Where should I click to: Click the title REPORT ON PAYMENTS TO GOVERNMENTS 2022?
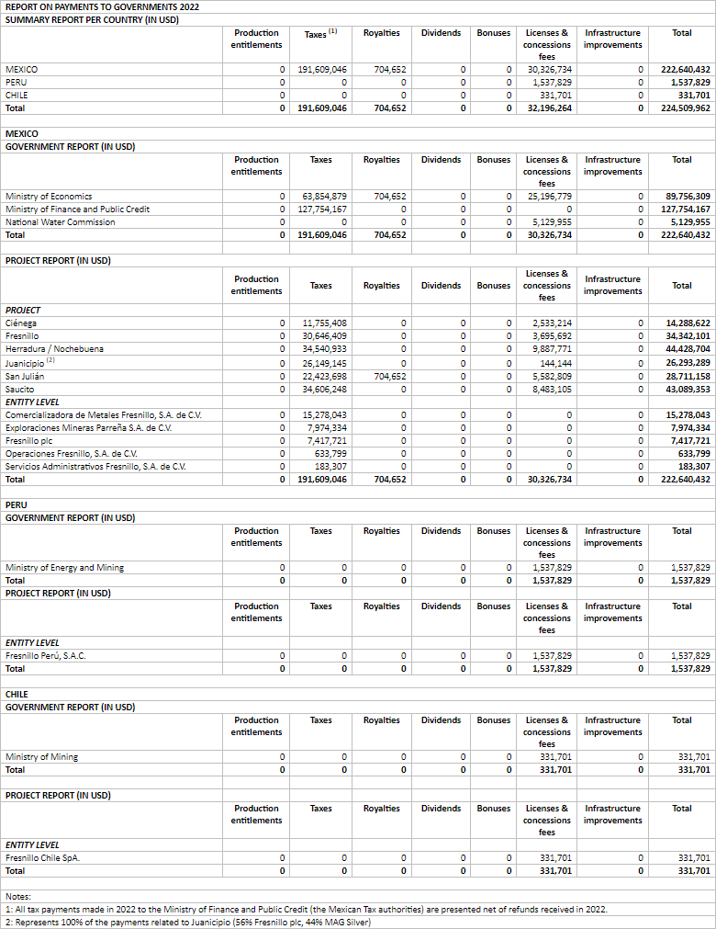(x=102, y=6)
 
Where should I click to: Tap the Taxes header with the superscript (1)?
(x=320, y=33)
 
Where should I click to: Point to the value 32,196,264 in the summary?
(x=550, y=108)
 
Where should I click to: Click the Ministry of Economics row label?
(x=49, y=196)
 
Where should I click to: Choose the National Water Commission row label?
(x=61, y=221)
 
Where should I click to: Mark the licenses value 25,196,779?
(x=550, y=196)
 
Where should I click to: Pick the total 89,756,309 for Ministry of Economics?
(x=686, y=196)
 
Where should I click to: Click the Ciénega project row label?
(x=21, y=323)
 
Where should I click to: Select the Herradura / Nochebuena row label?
(x=54, y=348)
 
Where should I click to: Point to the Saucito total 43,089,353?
(x=686, y=389)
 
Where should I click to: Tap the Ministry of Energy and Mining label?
(x=64, y=567)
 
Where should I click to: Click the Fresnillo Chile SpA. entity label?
(x=42, y=857)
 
